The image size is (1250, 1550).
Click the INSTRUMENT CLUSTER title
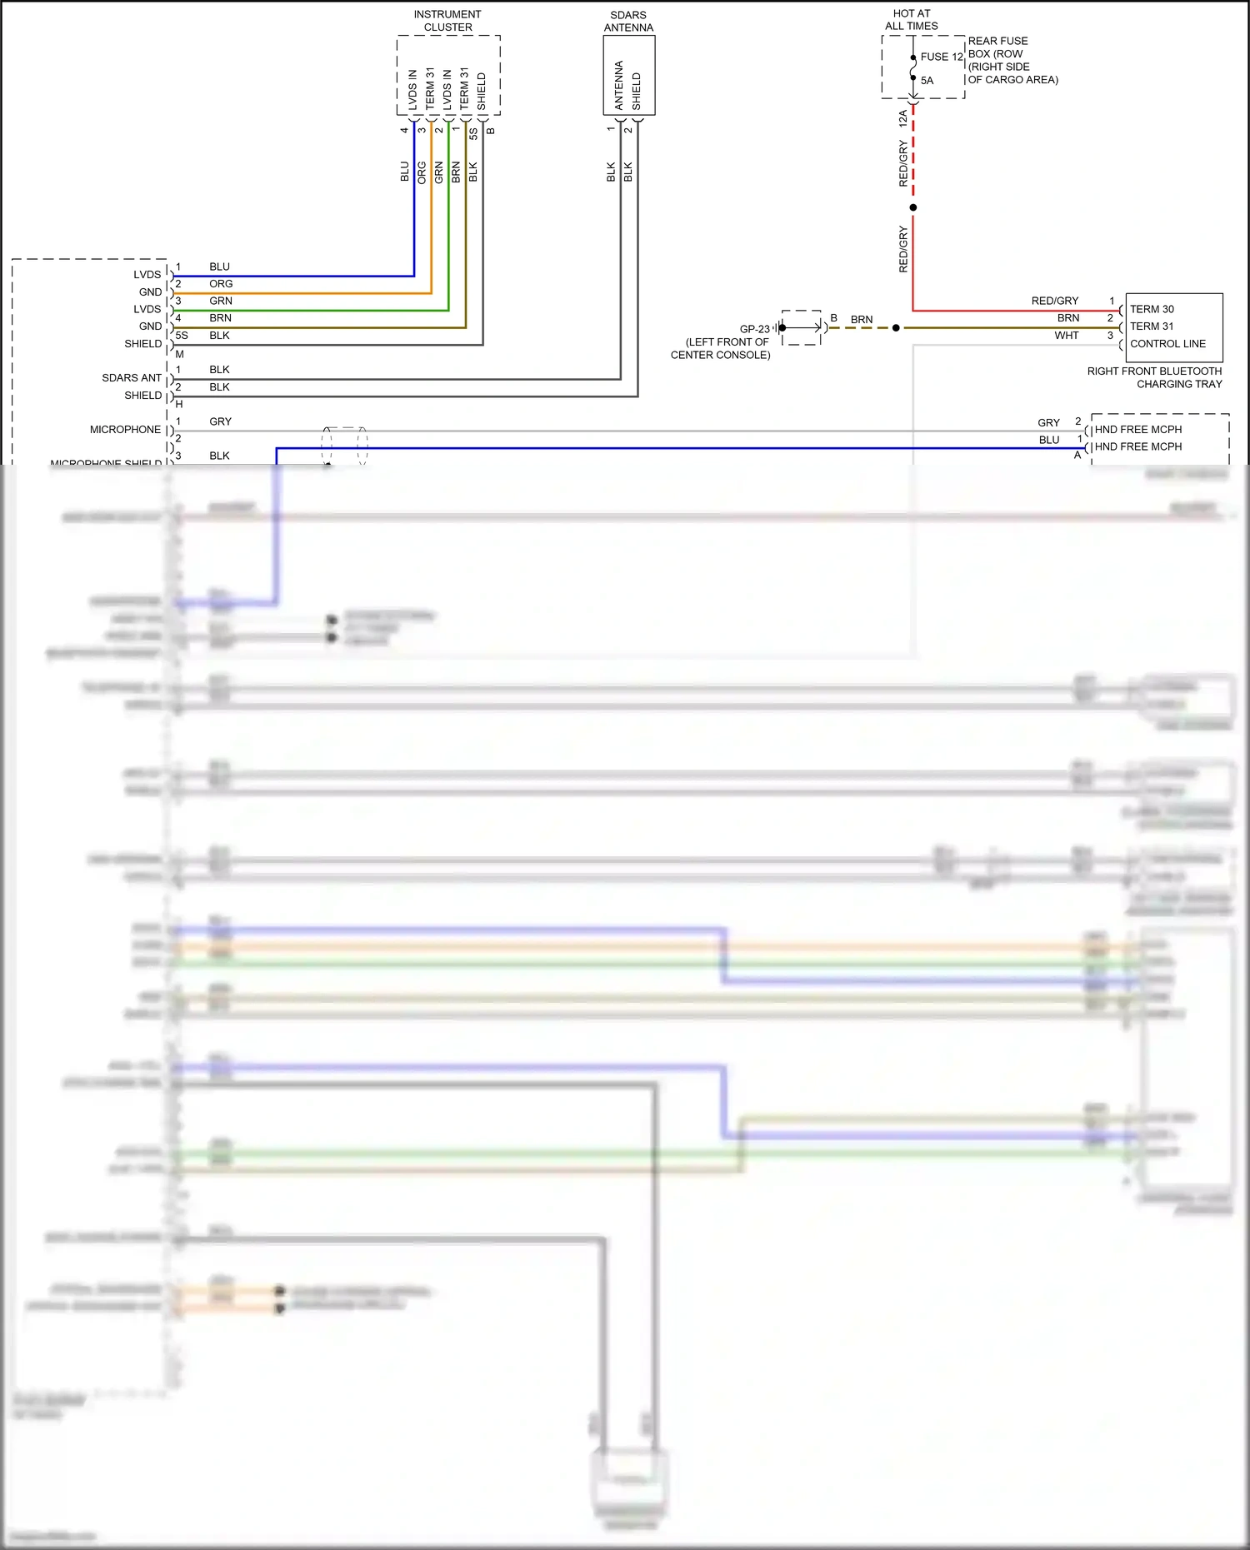click(x=447, y=21)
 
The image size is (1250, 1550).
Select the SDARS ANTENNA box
click(x=629, y=75)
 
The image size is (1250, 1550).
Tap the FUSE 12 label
click(x=942, y=57)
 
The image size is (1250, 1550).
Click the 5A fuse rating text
click(x=927, y=81)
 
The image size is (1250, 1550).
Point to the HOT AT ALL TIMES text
click(x=911, y=20)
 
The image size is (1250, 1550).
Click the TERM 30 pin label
click(x=1152, y=309)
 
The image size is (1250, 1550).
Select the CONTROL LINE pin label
click(x=1167, y=344)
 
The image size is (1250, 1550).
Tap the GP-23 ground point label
click(x=754, y=329)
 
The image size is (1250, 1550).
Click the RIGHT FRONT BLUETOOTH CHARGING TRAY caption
click(x=1154, y=377)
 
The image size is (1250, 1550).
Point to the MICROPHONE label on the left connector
click(x=125, y=430)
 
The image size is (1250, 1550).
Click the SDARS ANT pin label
click(x=132, y=378)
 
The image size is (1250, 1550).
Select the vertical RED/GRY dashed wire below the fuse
click(x=913, y=154)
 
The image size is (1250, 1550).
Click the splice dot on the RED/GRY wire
click(x=913, y=207)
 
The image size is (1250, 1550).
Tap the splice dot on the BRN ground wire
click(x=896, y=328)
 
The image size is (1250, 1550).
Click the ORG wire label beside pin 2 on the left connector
click(x=221, y=284)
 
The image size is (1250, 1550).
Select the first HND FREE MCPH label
click(x=1138, y=430)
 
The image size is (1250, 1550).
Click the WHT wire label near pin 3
click(x=1066, y=336)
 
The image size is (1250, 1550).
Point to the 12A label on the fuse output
click(x=902, y=118)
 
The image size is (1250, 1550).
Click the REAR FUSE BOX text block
click(x=1012, y=60)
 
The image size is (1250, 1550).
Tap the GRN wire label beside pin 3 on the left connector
click(x=221, y=302)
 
